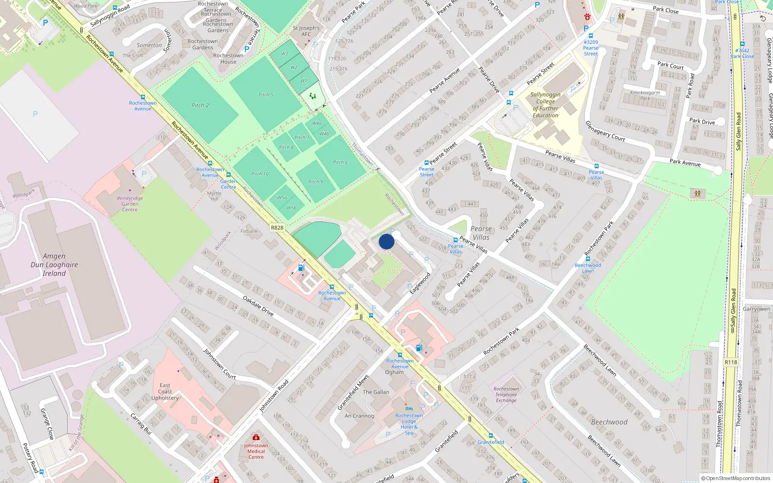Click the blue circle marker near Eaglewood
(x=386, y=241)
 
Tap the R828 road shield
(x=277, y=227)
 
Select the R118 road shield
(x=731, y=362)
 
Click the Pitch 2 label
(x=200, y=105)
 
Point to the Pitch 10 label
(x=260, y=173)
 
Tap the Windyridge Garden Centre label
(x=129, y=204)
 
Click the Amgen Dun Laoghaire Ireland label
(x=54, y=265)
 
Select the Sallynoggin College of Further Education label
(x=545, y=105)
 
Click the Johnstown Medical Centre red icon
(x=256, y=438)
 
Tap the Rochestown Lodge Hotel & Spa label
(x=409, y=424)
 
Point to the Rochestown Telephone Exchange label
(x=506, y=395)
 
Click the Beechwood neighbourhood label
(x=609, y=422)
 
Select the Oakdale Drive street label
(x=258, y=306)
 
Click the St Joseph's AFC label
(x=306, y=31)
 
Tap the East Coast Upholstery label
(x=165, y=392)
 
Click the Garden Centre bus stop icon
(x=229, y=175)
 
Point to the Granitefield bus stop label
(x=491, y=442)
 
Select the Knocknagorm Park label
(x=645, y=95)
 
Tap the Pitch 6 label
(x=340, y=162)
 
